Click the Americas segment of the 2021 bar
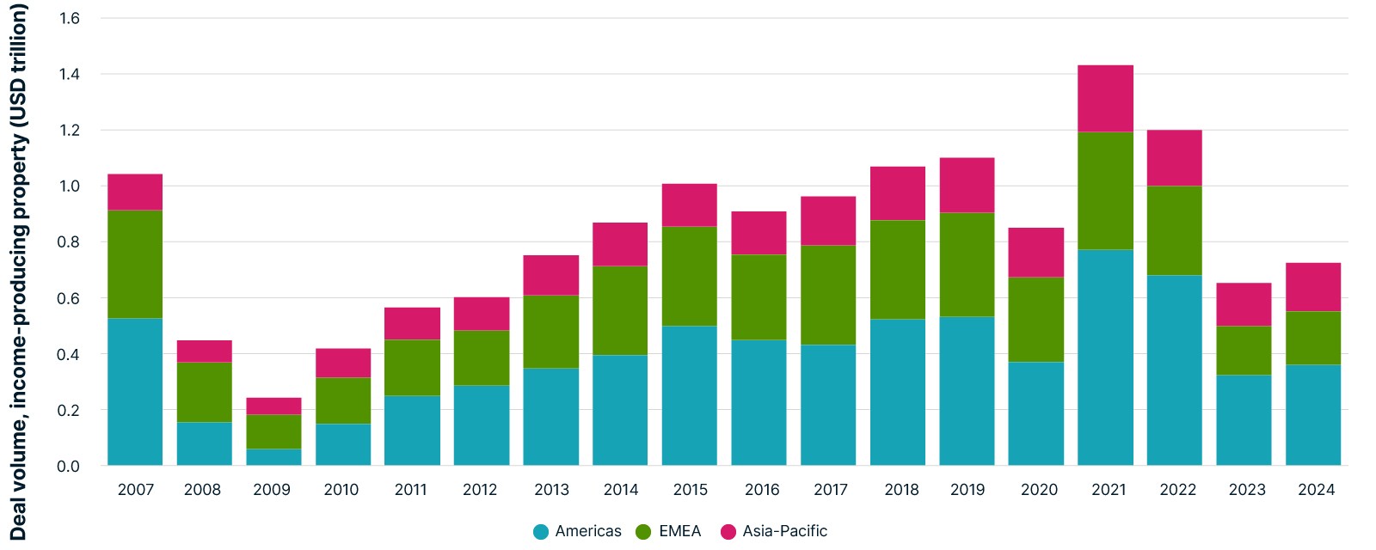(x=1105, y=357)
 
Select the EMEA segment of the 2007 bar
(x=135, y=265)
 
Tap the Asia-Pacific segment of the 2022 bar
(x=1175, y=158)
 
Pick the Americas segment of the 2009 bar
(x=274, y=457)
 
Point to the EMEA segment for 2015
(x=689, y=276)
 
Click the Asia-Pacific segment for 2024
(x=1313, y=287)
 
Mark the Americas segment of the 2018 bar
(x=898, y=392)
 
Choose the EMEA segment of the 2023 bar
(x=1244, y=351)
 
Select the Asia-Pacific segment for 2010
(x=343, y=363)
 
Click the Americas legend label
(x=588, y=531)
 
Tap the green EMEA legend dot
(x=644, y=532)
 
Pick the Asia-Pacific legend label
(x=784, y=531)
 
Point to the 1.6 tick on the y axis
(x=70, y=18)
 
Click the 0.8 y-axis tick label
(x=69, y=241)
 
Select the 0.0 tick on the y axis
(x=69, y=466)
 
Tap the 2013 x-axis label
(x=551, y=490)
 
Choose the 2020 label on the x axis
(x=1040, y=490)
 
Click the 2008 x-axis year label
(x=203, y=490)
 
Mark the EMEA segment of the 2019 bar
(x=967, y=265)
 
